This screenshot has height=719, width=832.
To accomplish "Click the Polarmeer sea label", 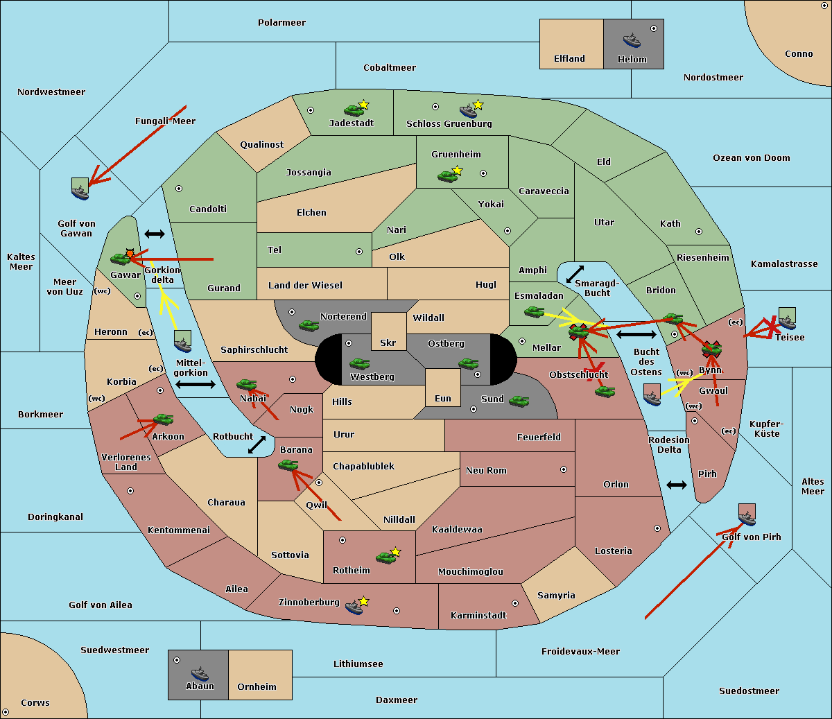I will pos(281,23).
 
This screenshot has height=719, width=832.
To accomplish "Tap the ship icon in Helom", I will pos(631,40).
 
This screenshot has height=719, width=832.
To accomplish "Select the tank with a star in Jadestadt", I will pos(354,110).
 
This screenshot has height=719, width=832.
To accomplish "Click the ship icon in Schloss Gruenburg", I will pos(469,111).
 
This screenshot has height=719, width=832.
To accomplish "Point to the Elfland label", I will pos(569,59).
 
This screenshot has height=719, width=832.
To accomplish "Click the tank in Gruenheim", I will pos(448,176).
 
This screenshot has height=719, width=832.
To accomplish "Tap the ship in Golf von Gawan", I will pos(80,189).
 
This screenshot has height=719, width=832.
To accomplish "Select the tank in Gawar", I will pos(121,259).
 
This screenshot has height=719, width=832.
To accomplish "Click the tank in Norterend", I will pos(309,325).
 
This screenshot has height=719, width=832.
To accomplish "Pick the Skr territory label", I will pos(388,343).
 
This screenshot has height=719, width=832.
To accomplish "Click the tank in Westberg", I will pos(359,363).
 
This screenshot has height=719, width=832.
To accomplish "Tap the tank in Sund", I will pos(519,401).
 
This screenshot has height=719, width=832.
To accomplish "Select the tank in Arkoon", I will pos(163,419).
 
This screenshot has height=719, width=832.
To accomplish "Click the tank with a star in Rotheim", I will pos(386,557).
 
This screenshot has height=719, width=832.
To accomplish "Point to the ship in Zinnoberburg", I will pos(354,607).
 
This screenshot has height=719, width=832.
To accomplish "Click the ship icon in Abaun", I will pos(199,673).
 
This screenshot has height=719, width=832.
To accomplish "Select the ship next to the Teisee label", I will pos(787,320).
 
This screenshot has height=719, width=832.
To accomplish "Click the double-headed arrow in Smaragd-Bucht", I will pos(575,274).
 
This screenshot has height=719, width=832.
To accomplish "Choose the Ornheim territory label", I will pos(257,687).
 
